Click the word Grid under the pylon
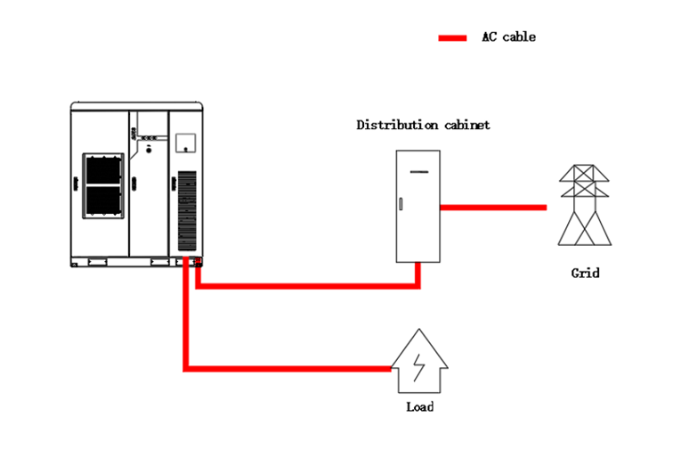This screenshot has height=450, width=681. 585,273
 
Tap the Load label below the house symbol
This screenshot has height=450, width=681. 419,407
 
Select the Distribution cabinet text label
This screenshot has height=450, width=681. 423,126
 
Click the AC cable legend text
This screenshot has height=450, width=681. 508,37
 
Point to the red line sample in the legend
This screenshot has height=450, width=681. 452,38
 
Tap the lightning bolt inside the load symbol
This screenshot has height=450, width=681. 419,364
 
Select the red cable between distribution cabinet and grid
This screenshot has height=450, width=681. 493,208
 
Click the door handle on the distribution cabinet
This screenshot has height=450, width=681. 401,205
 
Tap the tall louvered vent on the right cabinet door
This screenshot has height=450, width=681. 187,211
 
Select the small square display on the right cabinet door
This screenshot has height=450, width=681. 185,143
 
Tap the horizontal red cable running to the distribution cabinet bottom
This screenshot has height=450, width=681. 307,285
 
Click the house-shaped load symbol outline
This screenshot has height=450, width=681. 419,360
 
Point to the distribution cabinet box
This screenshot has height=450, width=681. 419,206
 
